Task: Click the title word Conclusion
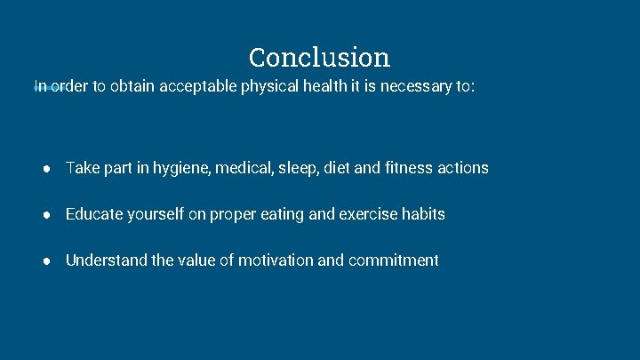[319, 58]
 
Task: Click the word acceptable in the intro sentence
[199, 87]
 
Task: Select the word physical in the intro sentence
[271, 87]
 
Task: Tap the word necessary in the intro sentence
[417, 87]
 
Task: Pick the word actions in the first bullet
[462, 168]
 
